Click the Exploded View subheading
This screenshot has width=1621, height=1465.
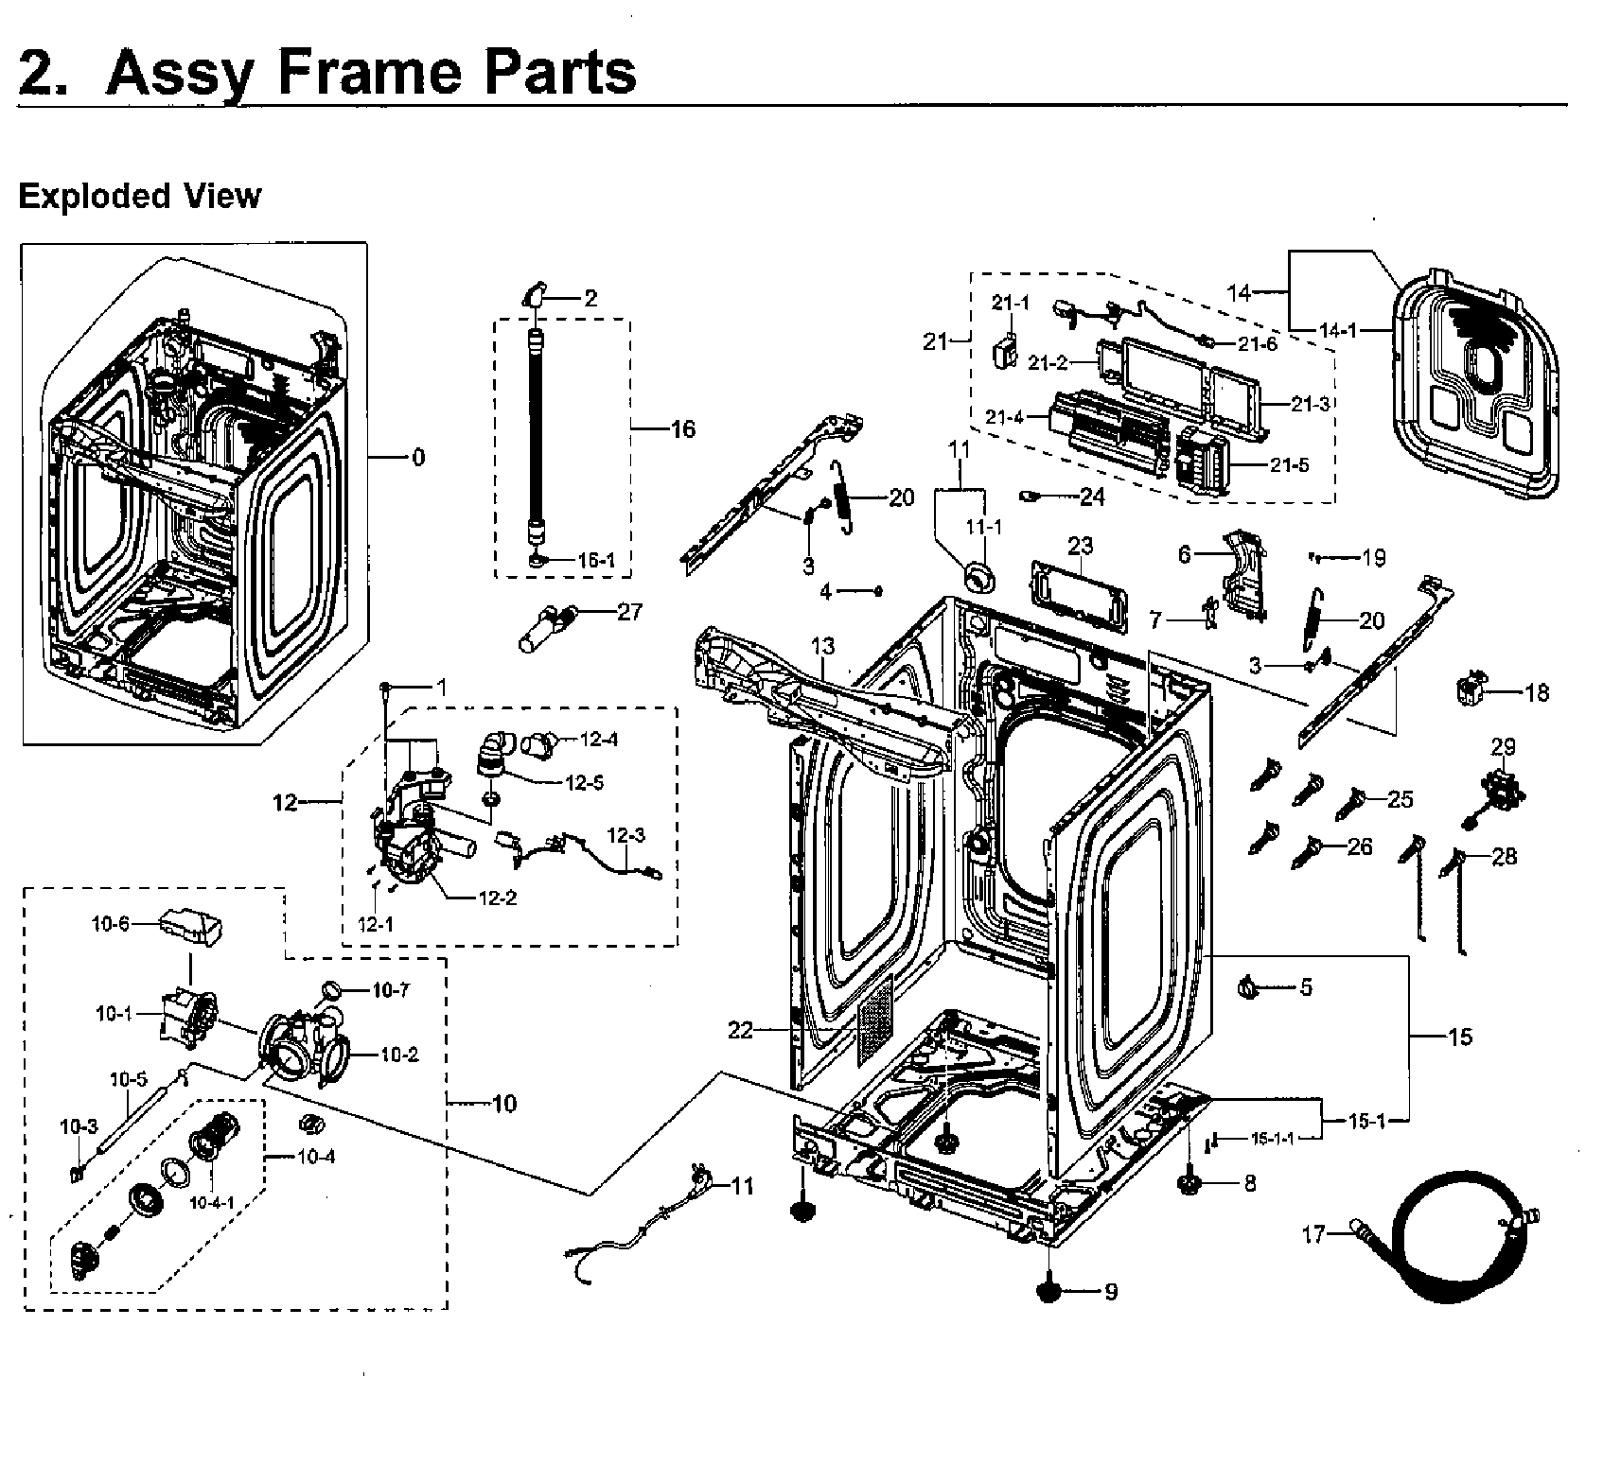pyautogui.click(x=139, y=196)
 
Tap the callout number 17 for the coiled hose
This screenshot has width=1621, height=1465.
pyautogui.click(x=1313, y=1234)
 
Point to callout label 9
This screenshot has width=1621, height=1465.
pyautogui.click(x=1110, y=1291)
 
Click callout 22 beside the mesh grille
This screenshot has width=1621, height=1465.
pyautogui.click(x=740, y=1030)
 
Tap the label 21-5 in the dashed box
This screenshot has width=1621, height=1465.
pyautogui.click(x=1289, y=465)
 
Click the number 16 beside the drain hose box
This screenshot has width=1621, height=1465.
pyautogui.click(x=682, y=429)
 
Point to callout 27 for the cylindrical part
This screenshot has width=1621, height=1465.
pyautogui.click(x=629, y=611)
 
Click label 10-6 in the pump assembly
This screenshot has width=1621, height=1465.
pyautogui.click(x=110, y=924)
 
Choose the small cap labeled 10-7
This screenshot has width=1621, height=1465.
pyautogui.click(x=332, y=989)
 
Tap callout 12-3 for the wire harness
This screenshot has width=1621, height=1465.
pyautogui.click(x=625, y=835)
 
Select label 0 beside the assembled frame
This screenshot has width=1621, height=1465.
pyautogui.click(x=417, y=458)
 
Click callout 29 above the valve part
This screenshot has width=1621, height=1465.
pyautogui.click(x=1503, y=746)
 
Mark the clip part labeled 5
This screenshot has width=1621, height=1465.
pyautogui.click(x=1249, y=989)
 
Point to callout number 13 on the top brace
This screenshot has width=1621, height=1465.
pyautogui.click(x=822, y=646)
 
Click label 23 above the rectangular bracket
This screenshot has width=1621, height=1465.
pyautogui.click(x=1080, y=546)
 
